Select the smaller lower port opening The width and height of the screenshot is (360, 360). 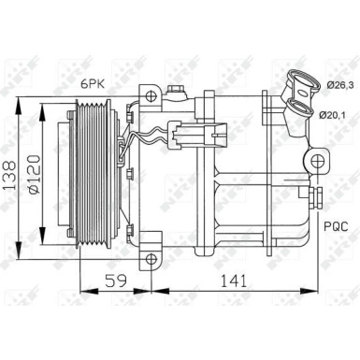[x=301, y=113]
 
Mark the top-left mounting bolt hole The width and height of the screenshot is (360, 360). [x=149, y=94]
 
